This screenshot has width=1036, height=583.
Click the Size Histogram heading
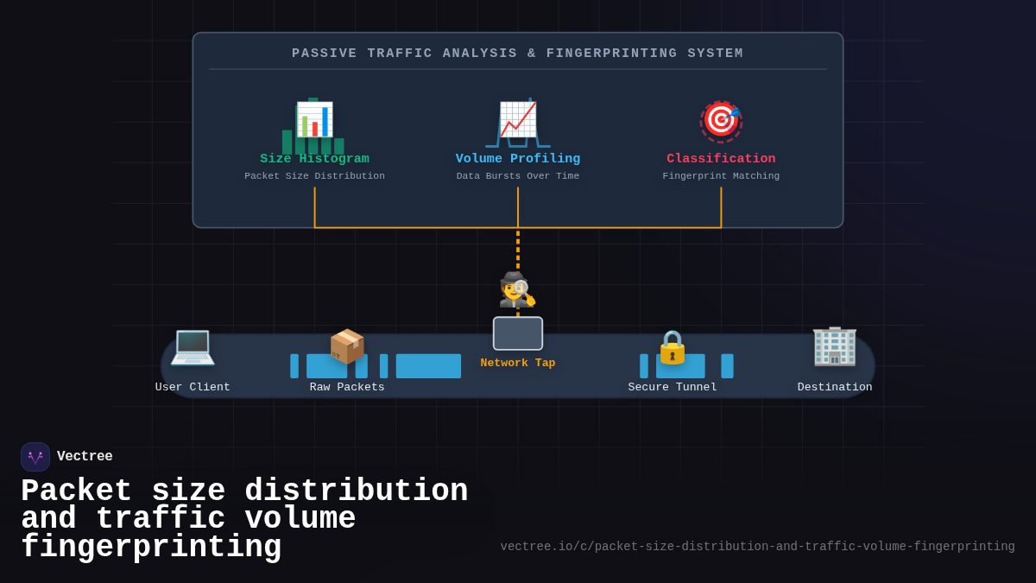point(314,159)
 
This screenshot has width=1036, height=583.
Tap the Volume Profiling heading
point(518,159)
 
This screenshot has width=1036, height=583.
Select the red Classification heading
point(721,159)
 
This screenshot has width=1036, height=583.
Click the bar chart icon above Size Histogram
point(314,120)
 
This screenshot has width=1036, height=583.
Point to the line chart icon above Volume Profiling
point(518,120)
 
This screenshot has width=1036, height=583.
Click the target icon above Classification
point(721,120)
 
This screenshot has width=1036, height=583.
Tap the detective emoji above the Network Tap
point(517,290)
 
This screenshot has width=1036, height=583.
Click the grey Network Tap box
point(518,333)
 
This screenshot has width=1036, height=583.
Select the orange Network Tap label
point(518,364)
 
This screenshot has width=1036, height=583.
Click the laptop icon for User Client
point(193,346)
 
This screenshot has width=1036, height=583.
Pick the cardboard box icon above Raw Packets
point(347,346)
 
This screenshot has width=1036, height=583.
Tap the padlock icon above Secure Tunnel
point(673,347)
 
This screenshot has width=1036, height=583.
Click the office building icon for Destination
point(834,346)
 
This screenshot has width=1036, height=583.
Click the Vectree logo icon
point(35,457)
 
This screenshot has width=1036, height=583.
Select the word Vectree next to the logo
point(85,457)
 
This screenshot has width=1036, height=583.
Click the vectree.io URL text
point(757,547)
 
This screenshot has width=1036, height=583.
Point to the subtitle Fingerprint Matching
point(721,176)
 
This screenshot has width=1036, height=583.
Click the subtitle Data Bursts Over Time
point(518,176)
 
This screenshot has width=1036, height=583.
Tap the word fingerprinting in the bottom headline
point(151,548)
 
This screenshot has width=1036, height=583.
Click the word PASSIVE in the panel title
point(324,54)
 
